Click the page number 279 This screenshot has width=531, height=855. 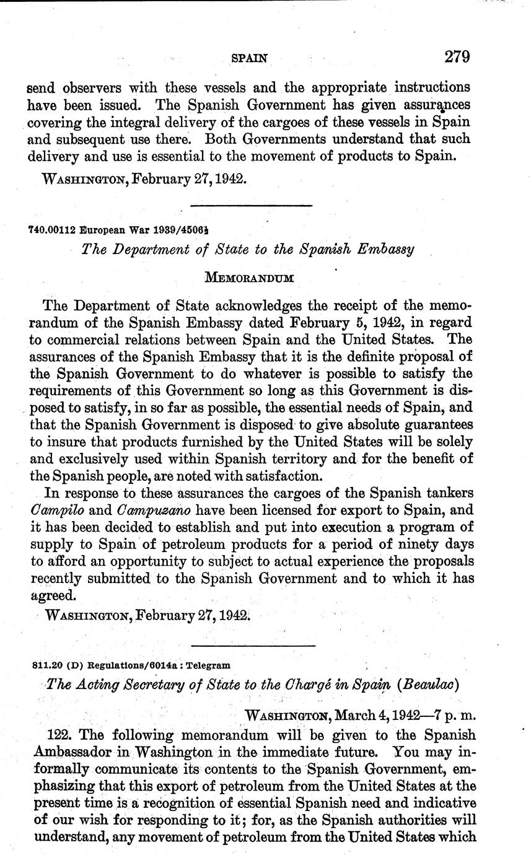[457, 57]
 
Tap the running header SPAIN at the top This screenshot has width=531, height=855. [249, 58]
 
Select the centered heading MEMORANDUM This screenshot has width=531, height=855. [257, 278]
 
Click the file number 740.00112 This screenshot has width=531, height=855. [51, 229]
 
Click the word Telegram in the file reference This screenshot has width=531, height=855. [208, 665]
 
